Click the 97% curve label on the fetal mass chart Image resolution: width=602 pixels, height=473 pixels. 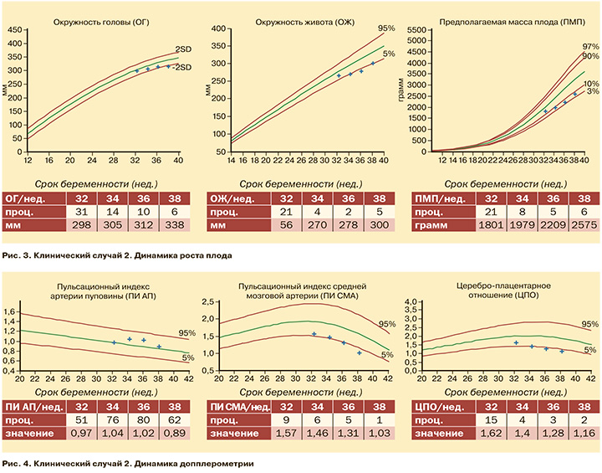590,46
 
